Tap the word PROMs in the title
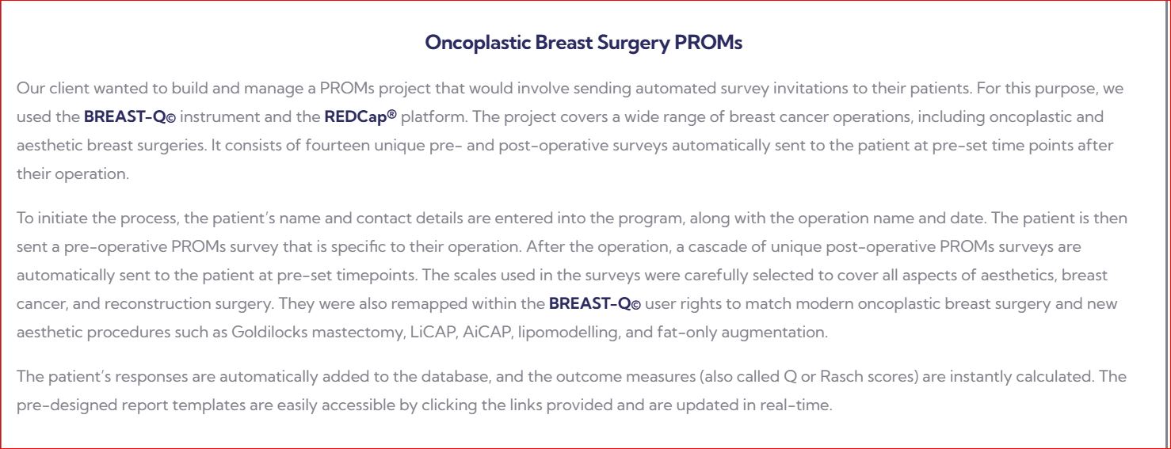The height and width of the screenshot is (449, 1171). pyautogui.click(x=708, y=42)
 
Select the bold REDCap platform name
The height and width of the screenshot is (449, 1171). pyautogui.click(x=360, y=116)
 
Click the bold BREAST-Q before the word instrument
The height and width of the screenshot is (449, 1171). pyautogui.click(x=130, y=116)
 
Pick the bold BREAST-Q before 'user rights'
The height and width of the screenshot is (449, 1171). pyautogui.click(x=594, y=304)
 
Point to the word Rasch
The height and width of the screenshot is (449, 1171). pyautogui.click(x=842, y=376)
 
